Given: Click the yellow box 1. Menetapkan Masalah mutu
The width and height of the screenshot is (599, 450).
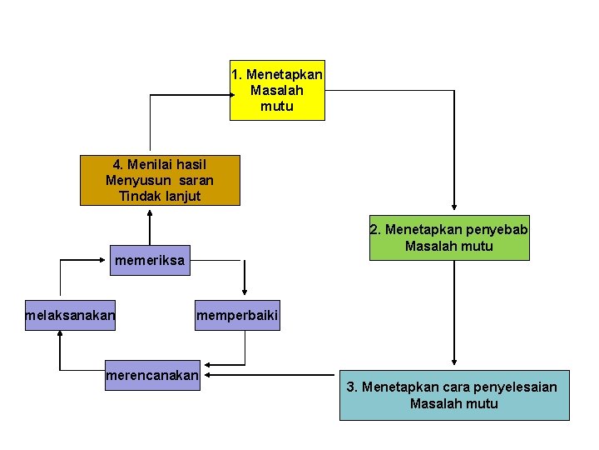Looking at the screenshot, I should pos(277,90).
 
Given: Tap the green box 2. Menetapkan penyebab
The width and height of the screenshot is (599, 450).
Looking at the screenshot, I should pos(449,237).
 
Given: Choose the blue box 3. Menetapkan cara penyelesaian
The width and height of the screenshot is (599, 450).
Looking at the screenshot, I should pos(454,395).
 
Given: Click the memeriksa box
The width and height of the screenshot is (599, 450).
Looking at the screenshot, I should pos(151,261).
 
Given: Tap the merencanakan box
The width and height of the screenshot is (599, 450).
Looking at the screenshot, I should pos(152,376).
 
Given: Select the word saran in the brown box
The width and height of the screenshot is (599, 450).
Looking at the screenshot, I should pos(197,180).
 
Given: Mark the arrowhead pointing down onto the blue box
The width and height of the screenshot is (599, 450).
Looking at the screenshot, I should pos(453,363).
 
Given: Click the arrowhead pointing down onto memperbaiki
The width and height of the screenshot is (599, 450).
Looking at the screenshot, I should pos(244,292).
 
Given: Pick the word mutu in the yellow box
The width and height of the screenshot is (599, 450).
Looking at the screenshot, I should pos(276,106).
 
